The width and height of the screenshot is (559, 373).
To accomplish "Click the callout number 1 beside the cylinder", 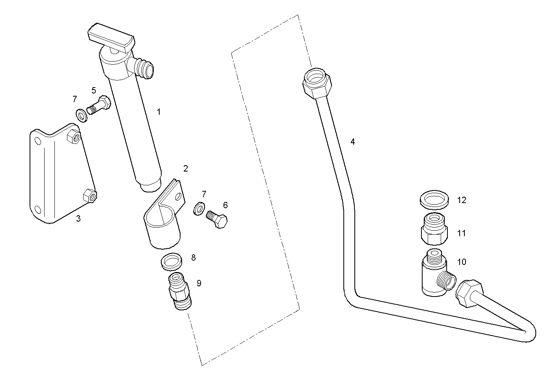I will (x=159, y=112).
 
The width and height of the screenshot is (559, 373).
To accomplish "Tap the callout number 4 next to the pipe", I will (x=352, y=142).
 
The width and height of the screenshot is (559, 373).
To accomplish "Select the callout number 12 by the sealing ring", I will (x=462, y=200).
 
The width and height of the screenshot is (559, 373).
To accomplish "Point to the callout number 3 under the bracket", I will (x=78, y=218).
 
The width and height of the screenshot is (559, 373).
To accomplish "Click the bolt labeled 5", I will (x=99, y=105).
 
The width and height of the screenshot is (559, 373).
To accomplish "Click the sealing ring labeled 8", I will (x=172, y=261).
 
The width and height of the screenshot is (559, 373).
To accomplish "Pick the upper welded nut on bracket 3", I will (x=74, y=136).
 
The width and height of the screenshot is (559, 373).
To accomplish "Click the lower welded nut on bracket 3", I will (x=89, y=196).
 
